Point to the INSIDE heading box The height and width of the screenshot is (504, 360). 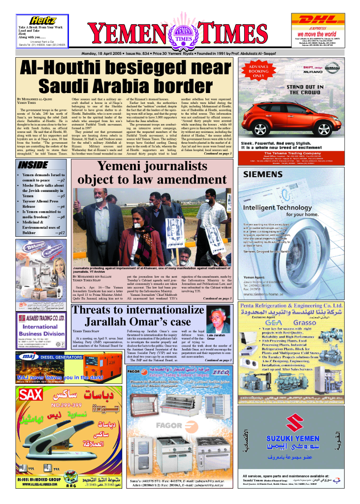pos(33,164)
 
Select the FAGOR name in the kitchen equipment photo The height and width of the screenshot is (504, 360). pos(170,425)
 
